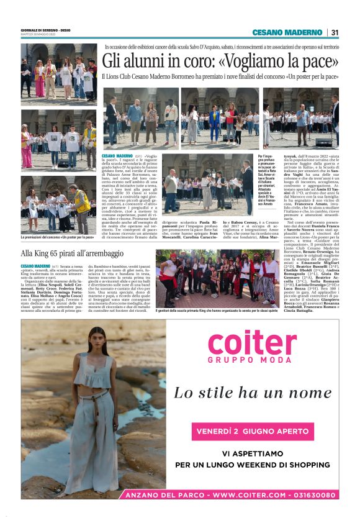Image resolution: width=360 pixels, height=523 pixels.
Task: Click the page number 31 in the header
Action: coord(335,33)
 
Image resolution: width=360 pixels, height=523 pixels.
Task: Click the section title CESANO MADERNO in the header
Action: coord(287,33)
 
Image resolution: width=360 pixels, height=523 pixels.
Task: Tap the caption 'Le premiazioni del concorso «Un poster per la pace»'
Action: coord(57,237)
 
